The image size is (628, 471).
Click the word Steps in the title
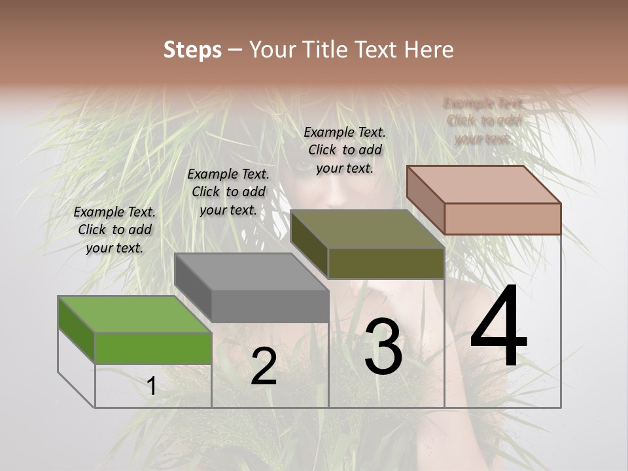(192, 50)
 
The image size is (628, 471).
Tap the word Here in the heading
(430, 50)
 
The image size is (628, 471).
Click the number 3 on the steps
(383, 346)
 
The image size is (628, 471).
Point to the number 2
(264, 367)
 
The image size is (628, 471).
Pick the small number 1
(151, 387)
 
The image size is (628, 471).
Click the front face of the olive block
(386, 264)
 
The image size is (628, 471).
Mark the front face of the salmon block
(502, 218)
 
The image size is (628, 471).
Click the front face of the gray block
(270, 306)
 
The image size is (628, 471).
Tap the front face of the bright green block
(153, 348)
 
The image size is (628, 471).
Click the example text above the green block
(114, 230)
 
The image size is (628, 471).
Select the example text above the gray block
(228, 192)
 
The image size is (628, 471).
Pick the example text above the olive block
(345, 150)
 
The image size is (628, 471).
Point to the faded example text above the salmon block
(483, 120)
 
